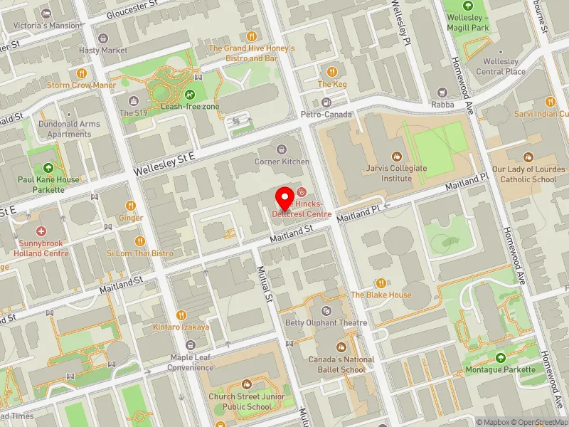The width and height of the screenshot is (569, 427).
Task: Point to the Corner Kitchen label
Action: pos(282,162)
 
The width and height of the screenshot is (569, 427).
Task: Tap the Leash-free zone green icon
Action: pos(190,95)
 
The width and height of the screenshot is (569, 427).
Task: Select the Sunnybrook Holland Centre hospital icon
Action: pos(41,231)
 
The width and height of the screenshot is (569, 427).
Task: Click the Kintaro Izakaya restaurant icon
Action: pos(181,315)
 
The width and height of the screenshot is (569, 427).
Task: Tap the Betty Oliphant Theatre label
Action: pos(326,323)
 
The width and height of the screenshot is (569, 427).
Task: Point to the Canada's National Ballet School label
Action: pos(341,364)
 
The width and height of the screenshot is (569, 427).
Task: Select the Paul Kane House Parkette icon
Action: pos(48,168)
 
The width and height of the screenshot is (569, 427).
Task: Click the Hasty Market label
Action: pos(104,51)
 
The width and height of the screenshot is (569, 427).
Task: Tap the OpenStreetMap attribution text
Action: pos(537,422)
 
